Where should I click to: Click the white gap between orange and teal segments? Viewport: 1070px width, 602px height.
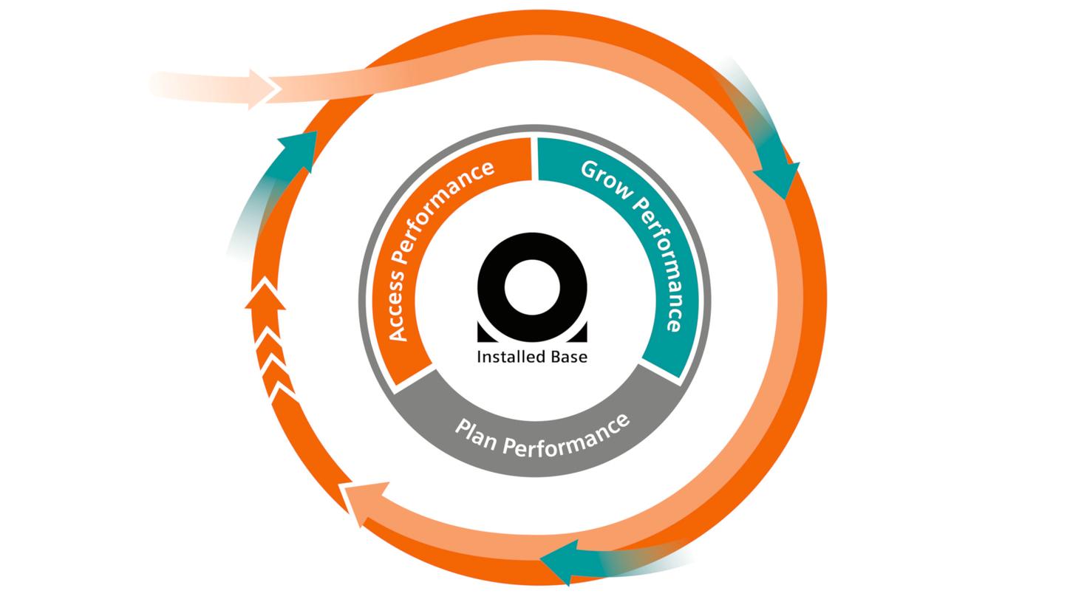tap(534, 158)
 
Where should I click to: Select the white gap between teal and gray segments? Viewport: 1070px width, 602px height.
tap(659, 371)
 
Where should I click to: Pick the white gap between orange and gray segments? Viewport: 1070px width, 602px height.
tap(415, 377)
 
